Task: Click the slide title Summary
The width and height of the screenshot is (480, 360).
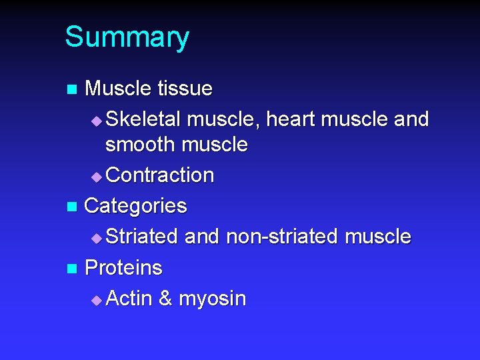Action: point(127,37)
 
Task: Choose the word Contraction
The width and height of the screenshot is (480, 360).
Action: point(160,175)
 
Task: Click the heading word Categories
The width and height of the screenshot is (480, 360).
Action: point(136,206)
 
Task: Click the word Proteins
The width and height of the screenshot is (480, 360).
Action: point(124,268)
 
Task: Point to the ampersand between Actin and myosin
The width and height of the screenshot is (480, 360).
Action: point(165,299)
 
